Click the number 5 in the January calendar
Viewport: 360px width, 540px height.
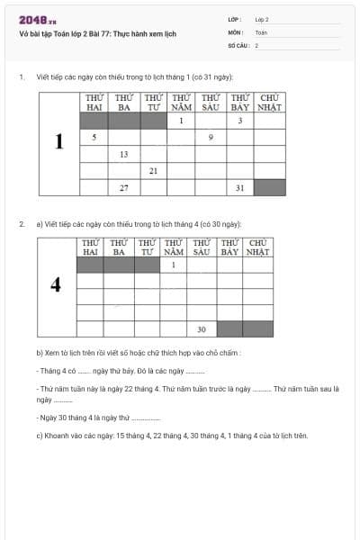point(94,137)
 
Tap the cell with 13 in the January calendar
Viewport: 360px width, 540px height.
point(123,154)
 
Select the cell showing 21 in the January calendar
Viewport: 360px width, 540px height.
point(153,170)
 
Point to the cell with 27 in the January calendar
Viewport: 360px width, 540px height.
point(123,187)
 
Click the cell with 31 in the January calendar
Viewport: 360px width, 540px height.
point(240,187)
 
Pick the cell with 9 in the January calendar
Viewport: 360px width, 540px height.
point(211,137)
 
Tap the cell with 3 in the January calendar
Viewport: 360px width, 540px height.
point(240,120)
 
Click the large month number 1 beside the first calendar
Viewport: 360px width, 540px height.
point(59,142)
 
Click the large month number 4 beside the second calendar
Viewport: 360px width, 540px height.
point(56,284)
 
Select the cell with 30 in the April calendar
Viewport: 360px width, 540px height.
point(202,328)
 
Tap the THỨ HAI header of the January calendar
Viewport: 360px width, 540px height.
point(94,102)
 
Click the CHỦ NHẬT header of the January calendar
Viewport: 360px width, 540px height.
point(269,102)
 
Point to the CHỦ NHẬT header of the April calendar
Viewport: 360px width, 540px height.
point(258,247)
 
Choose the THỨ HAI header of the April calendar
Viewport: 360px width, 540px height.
point(90,247)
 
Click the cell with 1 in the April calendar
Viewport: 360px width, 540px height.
point(173,265)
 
